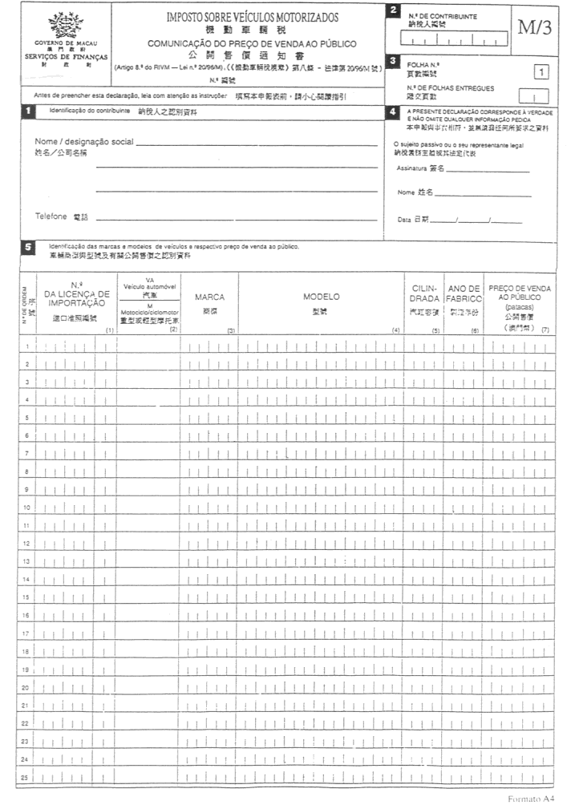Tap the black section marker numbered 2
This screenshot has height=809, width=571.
pos(392,10)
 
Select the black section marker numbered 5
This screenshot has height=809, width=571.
pos(28,248)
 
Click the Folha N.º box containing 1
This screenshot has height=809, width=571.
pos(542,73)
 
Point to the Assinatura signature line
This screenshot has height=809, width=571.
pos(488,170)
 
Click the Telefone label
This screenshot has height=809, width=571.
pos(52,216)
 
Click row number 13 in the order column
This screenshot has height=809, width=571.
pos(26,561)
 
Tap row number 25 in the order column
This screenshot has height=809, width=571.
pos(26,776)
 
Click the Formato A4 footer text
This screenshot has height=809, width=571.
pos(531,799)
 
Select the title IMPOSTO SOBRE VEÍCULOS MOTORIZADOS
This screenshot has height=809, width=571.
pos(252,17)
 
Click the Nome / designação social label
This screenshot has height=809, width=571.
pos(83,142)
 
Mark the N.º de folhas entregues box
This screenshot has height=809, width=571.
pos(539,97)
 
